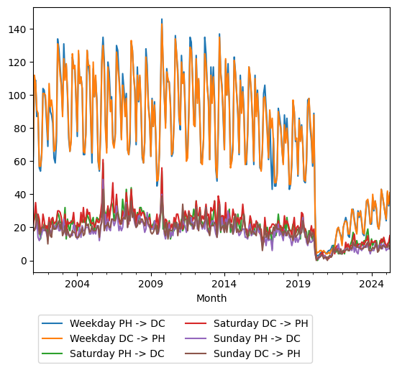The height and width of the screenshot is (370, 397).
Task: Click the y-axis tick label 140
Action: coord(17,29)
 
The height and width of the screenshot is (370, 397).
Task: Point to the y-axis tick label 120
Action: coord(17,63)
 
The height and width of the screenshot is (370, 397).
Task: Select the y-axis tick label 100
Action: coord(17,96)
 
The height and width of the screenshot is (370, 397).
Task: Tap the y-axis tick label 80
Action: coord(20,129)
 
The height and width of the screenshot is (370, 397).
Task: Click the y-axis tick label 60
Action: coord(20,162)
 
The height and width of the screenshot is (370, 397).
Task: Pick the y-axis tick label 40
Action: coord(20,195)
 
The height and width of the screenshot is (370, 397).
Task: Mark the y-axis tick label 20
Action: coord(20,228)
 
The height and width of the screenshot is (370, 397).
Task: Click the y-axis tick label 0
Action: coord(23,261)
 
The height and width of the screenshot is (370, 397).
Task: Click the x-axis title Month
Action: coord(211,298)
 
